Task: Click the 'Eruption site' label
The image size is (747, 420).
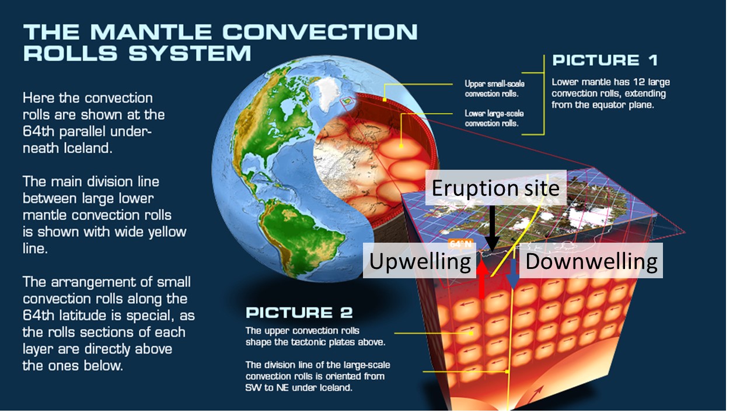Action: (495, 187)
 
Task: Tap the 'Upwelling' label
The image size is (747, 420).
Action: (420, 261)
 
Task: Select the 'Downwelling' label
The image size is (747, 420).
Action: (591, 261)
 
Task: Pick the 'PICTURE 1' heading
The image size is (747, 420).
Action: (605, 60)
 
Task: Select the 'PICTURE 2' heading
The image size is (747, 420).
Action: (299, 313)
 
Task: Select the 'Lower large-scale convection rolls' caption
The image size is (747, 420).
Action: (494, 118)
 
